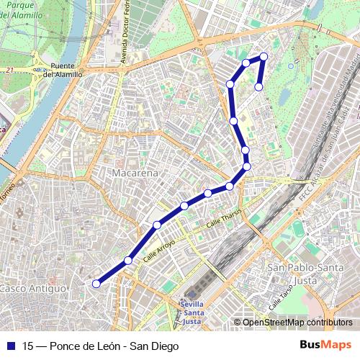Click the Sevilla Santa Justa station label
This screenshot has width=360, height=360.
(191, 312)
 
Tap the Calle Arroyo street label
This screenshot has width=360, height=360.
(159, 250)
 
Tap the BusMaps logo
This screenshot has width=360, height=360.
(326, 345)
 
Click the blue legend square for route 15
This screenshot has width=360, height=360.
(11, 346)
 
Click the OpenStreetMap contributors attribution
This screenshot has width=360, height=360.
(297, 323)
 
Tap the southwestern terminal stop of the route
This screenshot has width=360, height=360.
(96, 284)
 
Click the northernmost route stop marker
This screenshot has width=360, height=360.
(264, 56)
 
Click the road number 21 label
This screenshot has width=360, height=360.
(9, 70)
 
